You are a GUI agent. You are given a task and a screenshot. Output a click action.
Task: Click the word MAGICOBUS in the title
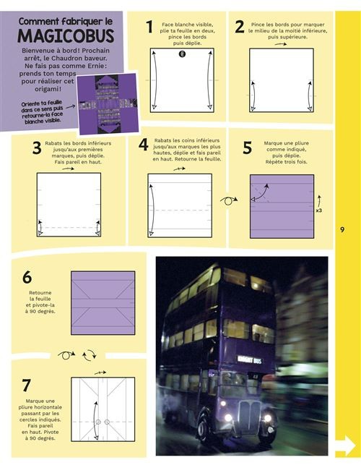tap(66, 36)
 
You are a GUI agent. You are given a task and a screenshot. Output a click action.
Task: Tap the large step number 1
tap(149, 27)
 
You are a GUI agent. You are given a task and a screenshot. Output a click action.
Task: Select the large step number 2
tap(240, 27)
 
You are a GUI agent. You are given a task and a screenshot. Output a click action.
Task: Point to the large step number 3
tap(37, 148)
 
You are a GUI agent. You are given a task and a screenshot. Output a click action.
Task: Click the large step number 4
tap(143, 145)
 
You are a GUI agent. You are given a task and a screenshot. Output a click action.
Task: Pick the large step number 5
tap(248, 148)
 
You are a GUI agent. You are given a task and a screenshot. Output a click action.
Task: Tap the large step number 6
tap(27, 277)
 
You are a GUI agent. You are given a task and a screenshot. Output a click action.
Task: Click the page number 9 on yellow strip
tap(342, 229)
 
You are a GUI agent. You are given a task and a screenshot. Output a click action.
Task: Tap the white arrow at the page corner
tap(346, 446)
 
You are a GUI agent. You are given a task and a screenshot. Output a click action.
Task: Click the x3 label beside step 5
tap(318, 210)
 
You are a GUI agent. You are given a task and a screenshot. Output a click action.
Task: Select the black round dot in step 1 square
tap(182, 54)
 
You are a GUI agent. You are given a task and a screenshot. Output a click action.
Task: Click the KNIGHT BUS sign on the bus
tap(250, 359)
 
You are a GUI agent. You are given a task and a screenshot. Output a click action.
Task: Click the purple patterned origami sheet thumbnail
tap(108, 103)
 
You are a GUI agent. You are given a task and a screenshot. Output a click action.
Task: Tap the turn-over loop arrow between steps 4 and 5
tap(228, 200)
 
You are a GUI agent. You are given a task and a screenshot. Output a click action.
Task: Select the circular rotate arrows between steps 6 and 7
tap(89, 355)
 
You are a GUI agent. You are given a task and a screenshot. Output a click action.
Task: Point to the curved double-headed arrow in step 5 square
tap(260, 192)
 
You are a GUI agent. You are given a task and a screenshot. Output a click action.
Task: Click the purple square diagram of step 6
tap(103, 303)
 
